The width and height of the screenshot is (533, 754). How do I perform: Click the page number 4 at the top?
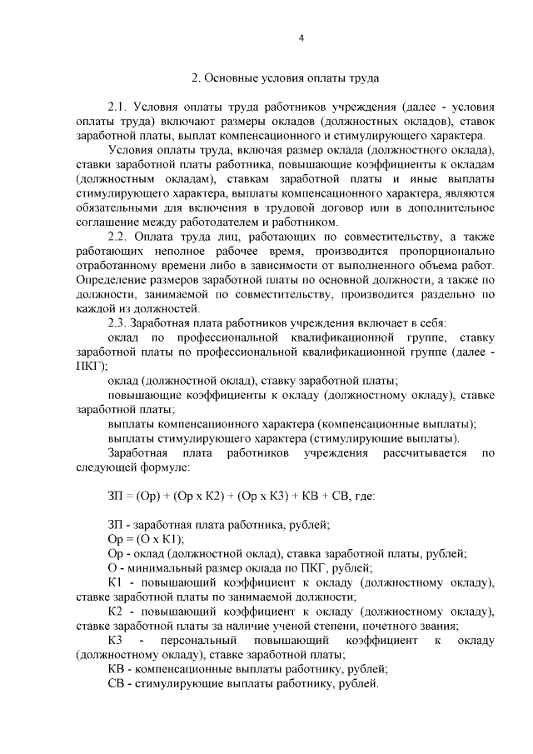(x=301, y=37)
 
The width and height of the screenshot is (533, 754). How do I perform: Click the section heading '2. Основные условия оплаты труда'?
(x=286, y=79)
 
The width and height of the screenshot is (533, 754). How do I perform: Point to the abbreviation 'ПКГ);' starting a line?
(x=92, y=365)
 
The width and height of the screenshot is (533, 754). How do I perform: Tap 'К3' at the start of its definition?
(x=116, y=640)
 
